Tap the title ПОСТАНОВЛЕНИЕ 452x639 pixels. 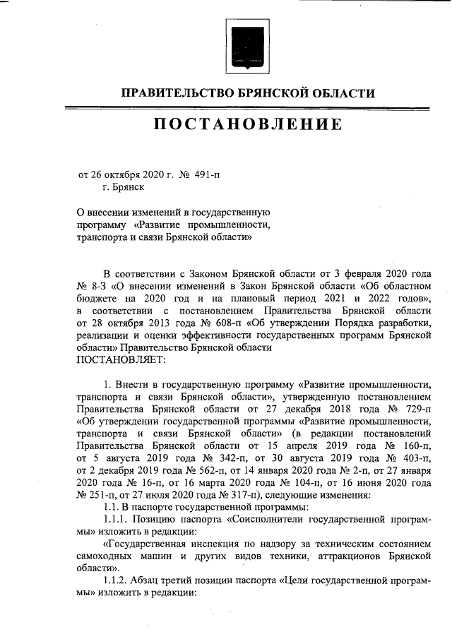tap(248, 125)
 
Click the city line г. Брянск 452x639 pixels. tap(123, 187)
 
